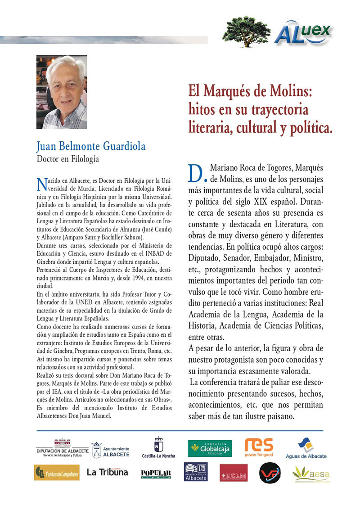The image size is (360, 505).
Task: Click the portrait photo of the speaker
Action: click(x=62, y=92)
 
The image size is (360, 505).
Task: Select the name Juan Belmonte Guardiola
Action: click(x=91, y=147)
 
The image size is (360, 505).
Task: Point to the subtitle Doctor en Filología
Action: click(x=67, y=159)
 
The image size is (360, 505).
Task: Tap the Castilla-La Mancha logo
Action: click(x=158, y=448)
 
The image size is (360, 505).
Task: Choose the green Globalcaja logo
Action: click(x=210, y=448)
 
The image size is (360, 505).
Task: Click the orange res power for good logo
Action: click(x=259, y=447)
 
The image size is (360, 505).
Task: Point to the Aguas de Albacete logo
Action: click(x=306, y=448)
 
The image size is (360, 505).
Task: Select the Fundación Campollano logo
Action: click(x=56, y=473)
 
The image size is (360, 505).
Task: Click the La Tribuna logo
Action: click(x=107, y=472)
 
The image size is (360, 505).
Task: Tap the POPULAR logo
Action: click(x=156, y=473)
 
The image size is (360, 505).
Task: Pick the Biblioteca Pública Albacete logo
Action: click(x=196, y=472)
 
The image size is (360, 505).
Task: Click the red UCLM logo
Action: click(x=234, y=473)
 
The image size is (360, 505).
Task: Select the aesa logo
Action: click(x=310, y=473)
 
